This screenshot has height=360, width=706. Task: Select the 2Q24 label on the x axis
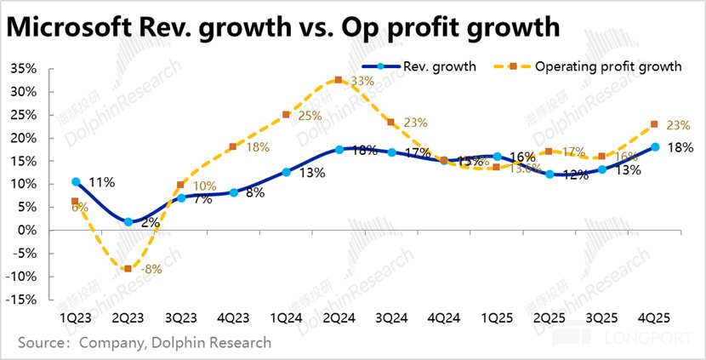[x=339, y=316]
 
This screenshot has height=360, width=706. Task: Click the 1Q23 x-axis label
[x=76, y=316]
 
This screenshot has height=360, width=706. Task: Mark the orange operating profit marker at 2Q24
[x=339, y=80]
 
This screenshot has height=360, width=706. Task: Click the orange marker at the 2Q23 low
[x=128, y=269]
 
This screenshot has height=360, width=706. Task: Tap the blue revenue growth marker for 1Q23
[x=76, y=181]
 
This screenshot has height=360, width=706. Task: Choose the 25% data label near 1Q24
[x=310, y=116]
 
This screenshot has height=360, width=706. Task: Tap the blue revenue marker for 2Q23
[x=128, y=222]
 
